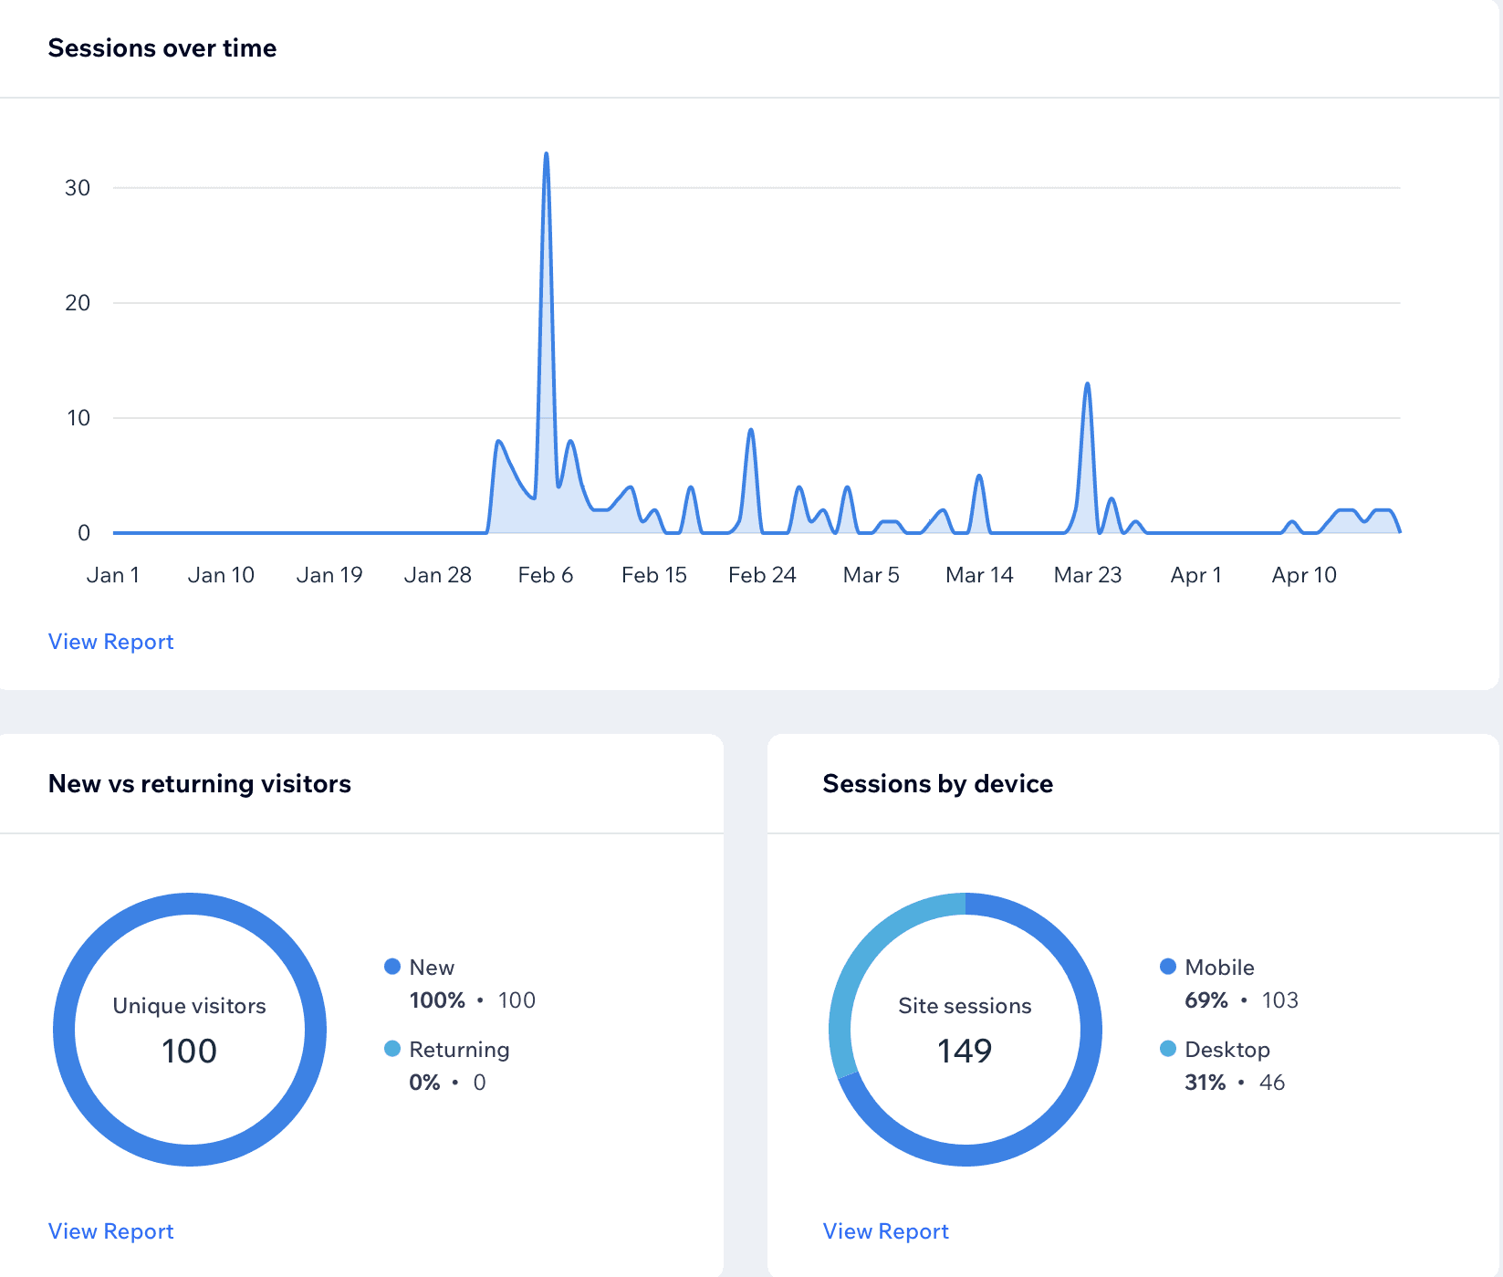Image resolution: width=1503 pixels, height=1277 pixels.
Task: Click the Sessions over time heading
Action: [162, 47]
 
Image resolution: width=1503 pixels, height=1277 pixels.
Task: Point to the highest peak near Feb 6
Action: [547, 153]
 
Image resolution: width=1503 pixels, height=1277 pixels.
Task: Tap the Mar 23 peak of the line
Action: [1088, 383]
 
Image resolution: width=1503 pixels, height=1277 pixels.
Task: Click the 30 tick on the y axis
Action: [78, 188]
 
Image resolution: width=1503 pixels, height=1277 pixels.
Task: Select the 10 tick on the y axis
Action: [78, 418]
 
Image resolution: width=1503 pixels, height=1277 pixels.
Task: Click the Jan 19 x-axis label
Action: [329, 575]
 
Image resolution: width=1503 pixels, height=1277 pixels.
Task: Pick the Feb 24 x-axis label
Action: [762, 575]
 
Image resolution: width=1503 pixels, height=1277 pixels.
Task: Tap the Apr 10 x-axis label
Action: [1304, 575]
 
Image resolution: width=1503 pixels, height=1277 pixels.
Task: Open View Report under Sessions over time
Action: [110, 642]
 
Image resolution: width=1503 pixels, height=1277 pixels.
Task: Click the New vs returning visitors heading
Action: [200, 783]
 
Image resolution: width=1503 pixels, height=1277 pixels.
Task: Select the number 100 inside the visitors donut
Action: [190, 1051]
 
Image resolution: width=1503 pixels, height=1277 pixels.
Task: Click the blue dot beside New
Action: [392, 967]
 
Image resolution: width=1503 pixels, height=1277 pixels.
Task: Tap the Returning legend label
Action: [459, 1050]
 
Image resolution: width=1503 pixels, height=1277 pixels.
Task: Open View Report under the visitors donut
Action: [110, 1231]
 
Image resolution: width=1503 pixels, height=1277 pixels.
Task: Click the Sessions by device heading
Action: [938, 783]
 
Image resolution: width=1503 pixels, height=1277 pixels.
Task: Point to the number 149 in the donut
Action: [965, 1051]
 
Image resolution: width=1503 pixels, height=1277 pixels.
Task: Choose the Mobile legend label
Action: [1219, 968]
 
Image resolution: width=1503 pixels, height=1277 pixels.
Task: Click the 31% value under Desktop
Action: [1205, 1083]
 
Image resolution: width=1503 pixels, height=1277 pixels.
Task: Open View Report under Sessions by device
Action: [885, 1231]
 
